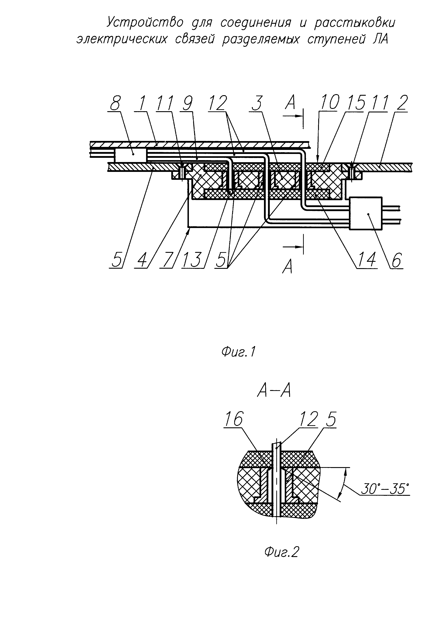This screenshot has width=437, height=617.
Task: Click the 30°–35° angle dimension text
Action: coord(384,489)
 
